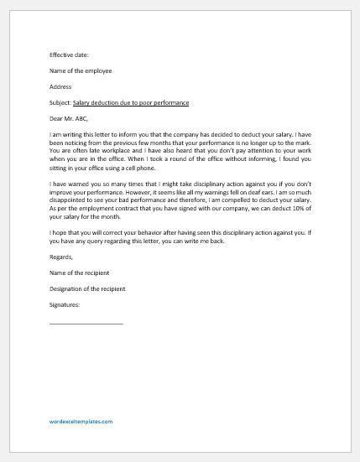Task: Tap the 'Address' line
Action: [60, 86]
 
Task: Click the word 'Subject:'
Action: [61, 102]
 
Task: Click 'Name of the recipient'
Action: [80, 273]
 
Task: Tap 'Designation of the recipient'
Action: [87, 289]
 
